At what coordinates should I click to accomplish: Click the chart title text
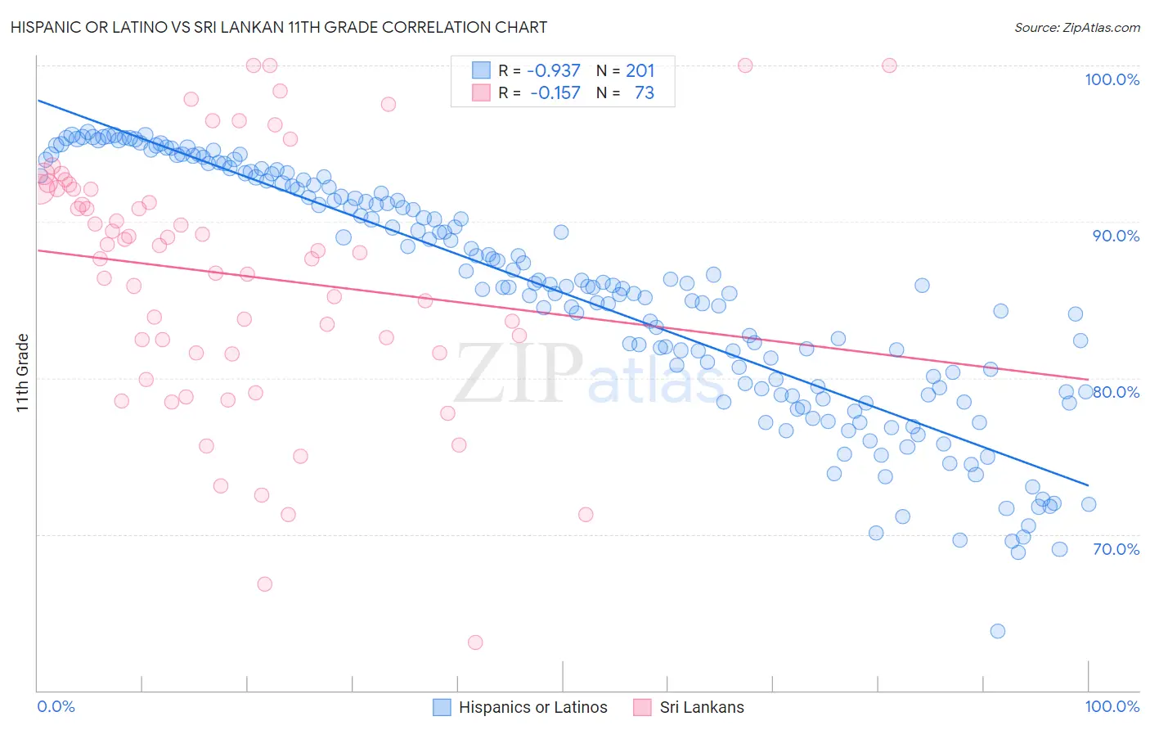[x=279, y=27]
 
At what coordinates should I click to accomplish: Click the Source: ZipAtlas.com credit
[x=1076, y=28]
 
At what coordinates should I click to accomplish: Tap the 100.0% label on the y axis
[x=1112, y=79]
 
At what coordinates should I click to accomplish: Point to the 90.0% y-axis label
[x=1116, y=236]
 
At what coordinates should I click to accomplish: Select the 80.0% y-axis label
[x=1116, y=392]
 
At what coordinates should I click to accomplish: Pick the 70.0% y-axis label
[x=1116, y=549]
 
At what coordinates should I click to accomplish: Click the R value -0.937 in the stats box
[x=554, y=71]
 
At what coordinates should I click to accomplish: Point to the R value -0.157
[x=555, y=93]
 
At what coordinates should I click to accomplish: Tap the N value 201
[x=640, y=71]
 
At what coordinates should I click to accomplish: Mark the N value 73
[x=644, y=93]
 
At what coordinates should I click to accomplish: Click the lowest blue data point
[x=997, y=631]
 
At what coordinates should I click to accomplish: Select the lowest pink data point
[x=475, y=642]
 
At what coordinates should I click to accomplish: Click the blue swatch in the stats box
[x=481, y=70]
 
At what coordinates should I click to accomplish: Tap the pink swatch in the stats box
[x=481, y=92]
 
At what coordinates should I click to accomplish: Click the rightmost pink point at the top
[x=889, y=65]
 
